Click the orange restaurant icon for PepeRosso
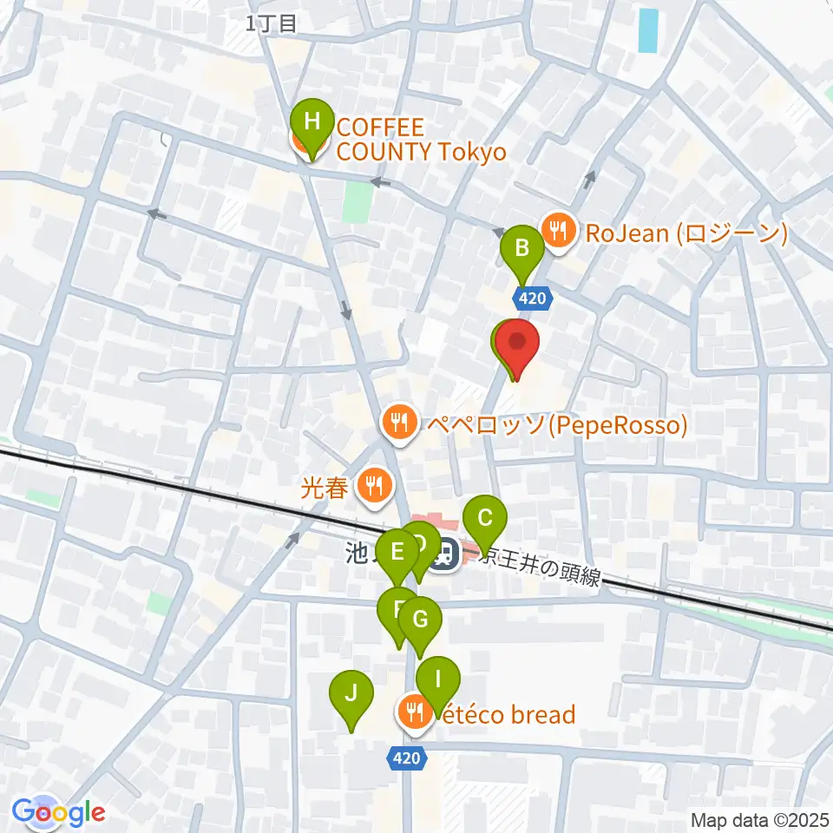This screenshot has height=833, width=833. [x=399, y=423]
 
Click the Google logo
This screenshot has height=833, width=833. [x=58, y=813]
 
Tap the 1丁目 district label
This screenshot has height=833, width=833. [x=272, y=24]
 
